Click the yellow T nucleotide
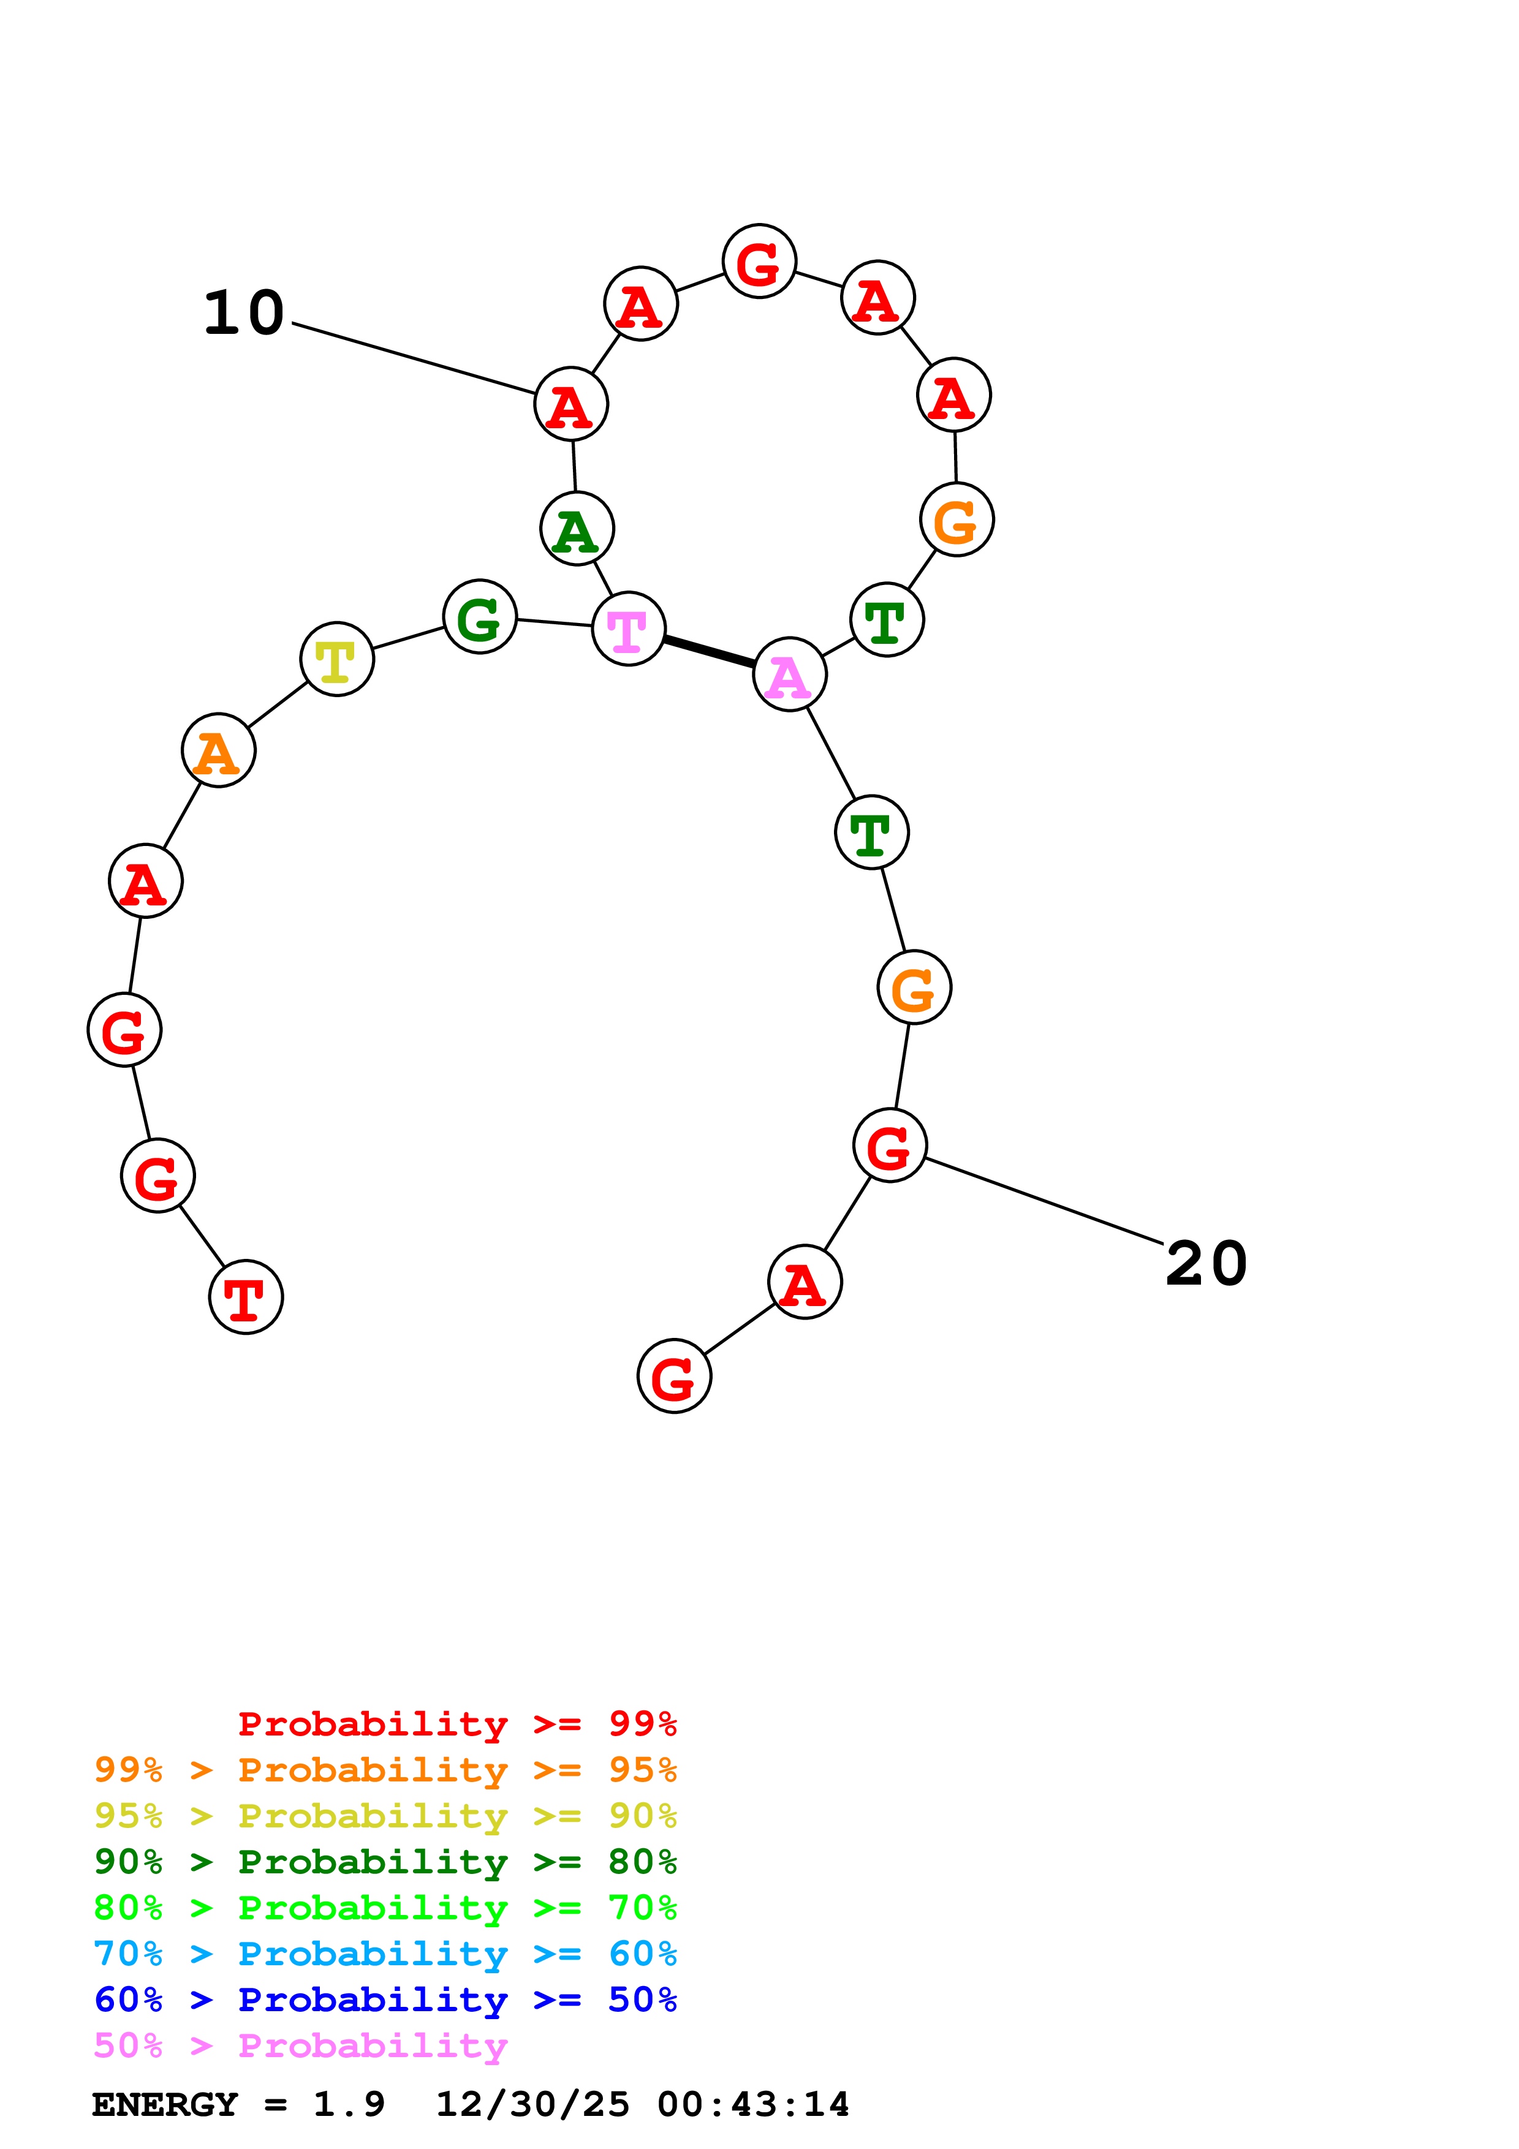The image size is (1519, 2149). tap(337, 659)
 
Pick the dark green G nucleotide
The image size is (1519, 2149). tap(480, 617)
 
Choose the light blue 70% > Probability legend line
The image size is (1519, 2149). tap(385, 1954)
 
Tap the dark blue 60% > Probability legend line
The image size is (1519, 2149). tap(385, 2000)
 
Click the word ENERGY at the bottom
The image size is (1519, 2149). tap(165, 2104)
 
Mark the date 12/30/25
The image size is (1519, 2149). tap(532, 2104)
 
